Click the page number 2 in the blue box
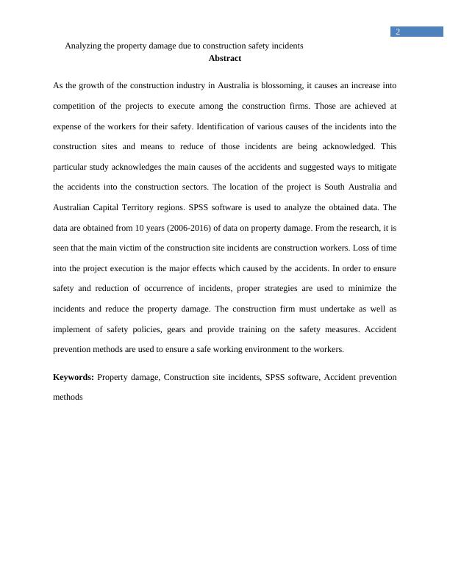coord(397,32)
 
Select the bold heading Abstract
coord(224,58)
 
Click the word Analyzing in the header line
coord(84,46)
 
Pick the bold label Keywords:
coord(74,377)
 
